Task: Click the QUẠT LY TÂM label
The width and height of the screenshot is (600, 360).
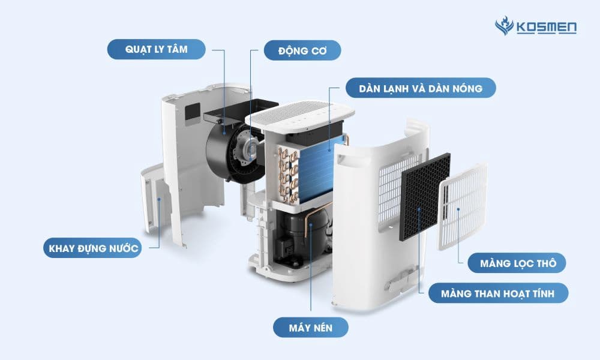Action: point(156,49)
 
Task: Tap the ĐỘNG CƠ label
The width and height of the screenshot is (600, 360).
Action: point(302,50)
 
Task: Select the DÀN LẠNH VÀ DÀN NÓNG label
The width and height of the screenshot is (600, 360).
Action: point(421,88)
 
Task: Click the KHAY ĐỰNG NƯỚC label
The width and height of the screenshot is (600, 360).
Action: point(93,248)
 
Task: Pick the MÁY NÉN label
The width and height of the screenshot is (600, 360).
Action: point(311,328)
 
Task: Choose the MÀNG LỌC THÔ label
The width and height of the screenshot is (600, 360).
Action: point(517,263)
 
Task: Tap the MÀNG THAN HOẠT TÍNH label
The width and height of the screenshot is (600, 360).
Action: point(498,293)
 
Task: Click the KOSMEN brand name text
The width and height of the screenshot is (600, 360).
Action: point(547,28)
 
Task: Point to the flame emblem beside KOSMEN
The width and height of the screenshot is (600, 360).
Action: point(505,26)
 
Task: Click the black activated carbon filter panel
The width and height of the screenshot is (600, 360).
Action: point(425,197)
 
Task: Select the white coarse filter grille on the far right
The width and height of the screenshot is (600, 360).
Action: point(463,206)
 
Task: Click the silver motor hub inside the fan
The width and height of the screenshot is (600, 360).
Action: point(249,147)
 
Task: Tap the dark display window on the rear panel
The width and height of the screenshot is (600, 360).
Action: point(193,113)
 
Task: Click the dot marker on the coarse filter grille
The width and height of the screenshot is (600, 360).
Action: point(458,209)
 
